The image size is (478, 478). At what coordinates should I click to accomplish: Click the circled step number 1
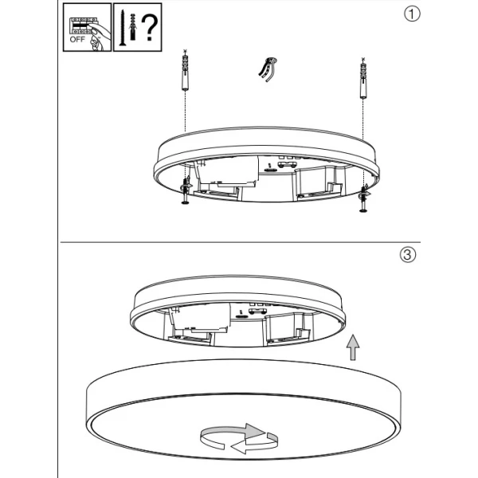click(412, 14)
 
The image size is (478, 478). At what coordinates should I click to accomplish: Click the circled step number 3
click(408, 255)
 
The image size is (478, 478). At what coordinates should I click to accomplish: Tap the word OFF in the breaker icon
click(77, 39)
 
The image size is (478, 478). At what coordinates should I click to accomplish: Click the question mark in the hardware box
click(150, 28)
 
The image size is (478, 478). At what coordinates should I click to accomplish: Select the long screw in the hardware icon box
click(122, 28)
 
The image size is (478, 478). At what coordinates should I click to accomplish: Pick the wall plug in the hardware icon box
click(132, 27)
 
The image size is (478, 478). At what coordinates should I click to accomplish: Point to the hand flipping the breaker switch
click(97, 37)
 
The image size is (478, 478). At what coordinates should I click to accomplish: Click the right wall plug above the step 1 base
click(362, 78)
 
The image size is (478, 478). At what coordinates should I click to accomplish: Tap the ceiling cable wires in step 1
click(268, 69)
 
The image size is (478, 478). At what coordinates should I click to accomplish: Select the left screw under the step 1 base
click(185, 191)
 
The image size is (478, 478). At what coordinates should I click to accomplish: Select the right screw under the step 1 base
click(363, 198)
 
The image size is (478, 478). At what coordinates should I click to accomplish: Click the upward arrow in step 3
click(353, 347)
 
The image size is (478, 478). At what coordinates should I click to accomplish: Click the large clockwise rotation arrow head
click(254, 431)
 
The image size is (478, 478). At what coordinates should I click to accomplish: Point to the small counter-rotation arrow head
click(238, 447)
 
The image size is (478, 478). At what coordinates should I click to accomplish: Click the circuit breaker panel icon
click(81, 25)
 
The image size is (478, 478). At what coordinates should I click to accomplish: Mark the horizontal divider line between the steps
click(241, 242)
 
